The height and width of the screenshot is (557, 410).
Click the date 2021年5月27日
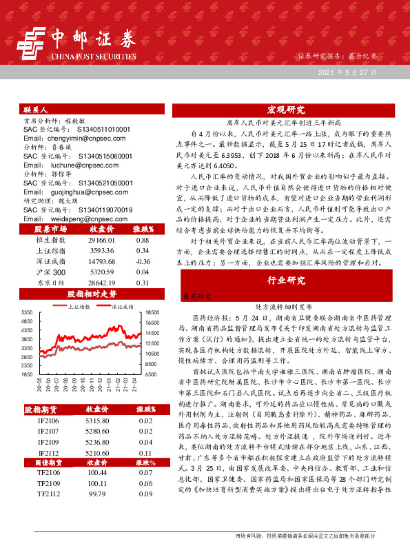pos(347,72)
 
